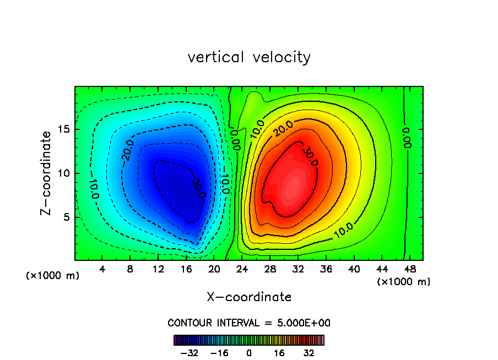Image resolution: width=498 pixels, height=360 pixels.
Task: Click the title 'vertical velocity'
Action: (x=249, y=57)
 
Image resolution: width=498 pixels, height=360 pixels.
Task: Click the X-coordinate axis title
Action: (x=249, y=297)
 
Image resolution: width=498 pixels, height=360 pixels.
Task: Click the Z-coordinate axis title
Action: (x=47, y=173)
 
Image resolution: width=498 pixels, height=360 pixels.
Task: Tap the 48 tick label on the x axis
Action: (x=409, y=270)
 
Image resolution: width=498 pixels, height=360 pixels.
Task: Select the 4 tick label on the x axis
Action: (x=102, y=270)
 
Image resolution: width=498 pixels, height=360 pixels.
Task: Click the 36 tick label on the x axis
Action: (x=326, y=270)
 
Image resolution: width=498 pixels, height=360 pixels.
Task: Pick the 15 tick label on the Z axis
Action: (x=63, y=130)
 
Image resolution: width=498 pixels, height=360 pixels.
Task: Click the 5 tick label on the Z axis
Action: (x=66, y=217)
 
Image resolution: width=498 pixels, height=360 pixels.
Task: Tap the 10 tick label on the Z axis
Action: (x=63, y=173)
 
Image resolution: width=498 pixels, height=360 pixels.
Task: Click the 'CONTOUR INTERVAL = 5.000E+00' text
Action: (x=249, y=323)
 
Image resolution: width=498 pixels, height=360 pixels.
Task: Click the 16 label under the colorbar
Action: (x=279, y=352)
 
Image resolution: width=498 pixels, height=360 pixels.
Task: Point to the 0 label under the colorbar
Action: (x=249, y=352)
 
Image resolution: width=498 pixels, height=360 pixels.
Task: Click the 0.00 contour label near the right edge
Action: (x=407, y=138)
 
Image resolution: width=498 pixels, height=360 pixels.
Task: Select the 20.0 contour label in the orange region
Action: (x=283, y=128)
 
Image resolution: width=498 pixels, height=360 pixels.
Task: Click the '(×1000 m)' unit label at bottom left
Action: (x=53, y=276)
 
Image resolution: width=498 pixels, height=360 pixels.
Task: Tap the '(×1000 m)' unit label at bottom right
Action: (x=403, y=282)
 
